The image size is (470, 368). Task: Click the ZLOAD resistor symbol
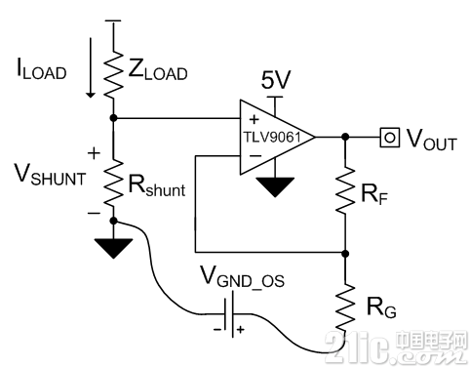(113, 74)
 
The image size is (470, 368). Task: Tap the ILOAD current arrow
(91, 67)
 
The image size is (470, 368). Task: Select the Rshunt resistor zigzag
(113, 183)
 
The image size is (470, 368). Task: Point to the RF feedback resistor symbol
(345, 190)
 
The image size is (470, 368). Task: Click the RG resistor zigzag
(345, 307)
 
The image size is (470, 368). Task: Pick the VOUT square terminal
(389, 138)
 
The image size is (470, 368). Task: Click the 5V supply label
(276, 80)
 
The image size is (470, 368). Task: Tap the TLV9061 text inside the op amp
(272, 138)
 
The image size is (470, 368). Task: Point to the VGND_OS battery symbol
(229, 314)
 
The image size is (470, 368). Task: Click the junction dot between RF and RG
(345, 253)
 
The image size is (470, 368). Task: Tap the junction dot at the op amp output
(345, 137)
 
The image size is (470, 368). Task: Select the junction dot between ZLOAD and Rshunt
(113, 118)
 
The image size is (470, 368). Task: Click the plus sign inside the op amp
(255, 120)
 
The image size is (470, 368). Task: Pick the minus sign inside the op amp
(255, 156)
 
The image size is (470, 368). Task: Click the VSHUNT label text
(51, 175)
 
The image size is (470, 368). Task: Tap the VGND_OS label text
(243, 276)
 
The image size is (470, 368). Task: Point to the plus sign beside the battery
(241, 330)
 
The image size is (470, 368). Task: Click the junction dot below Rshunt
(113, 221)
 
